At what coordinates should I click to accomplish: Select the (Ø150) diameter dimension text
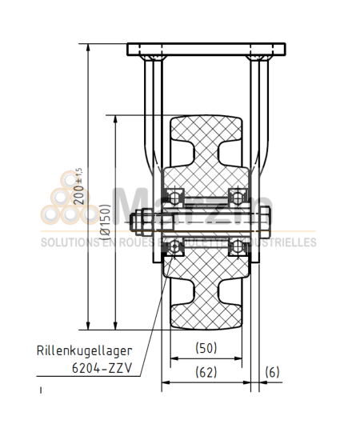[105, 222]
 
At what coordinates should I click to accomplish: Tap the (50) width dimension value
[206, 347]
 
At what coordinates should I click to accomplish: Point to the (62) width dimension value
[206, 372]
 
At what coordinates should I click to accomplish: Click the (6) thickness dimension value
[273, 372]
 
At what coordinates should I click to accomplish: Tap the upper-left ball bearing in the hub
[174, 196]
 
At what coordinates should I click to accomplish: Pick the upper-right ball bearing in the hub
[237, 196]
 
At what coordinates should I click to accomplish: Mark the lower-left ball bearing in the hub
[174, 246]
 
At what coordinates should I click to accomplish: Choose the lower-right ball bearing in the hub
[237, 246]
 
